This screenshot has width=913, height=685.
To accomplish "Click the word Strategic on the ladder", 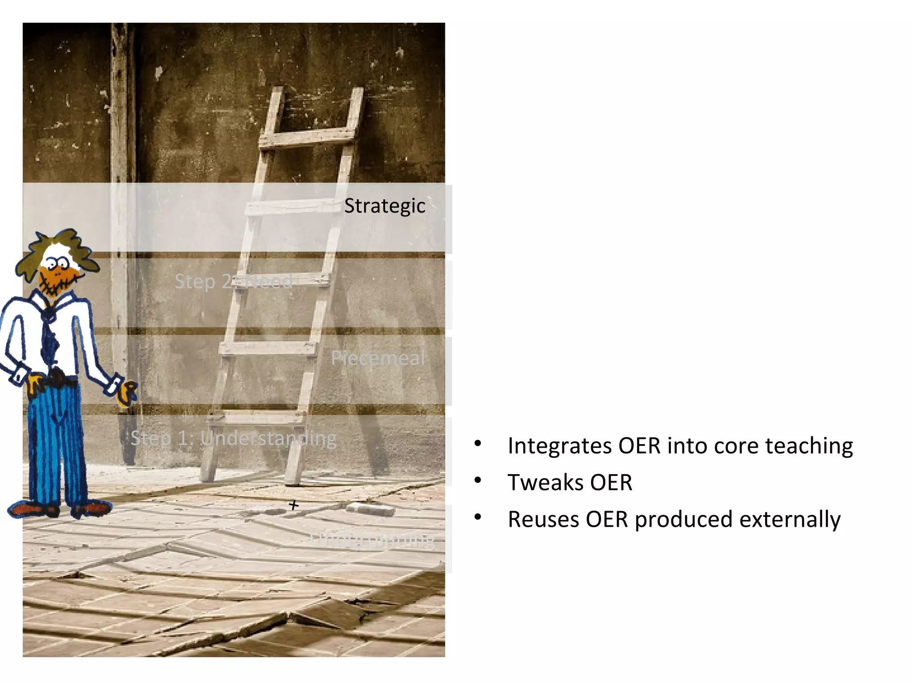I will [385, 206].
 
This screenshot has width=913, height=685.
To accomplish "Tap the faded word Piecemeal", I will [378, 358].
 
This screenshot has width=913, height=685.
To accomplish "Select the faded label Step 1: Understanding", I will [234, 438].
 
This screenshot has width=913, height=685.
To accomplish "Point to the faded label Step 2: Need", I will [234, 281].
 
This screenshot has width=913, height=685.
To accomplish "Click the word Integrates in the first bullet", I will [559, 446].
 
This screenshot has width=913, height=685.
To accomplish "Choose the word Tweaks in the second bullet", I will [545, 483].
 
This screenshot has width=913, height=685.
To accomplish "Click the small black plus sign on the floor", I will [293, 505].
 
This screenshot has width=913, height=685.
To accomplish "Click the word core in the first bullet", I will [736, 446].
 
